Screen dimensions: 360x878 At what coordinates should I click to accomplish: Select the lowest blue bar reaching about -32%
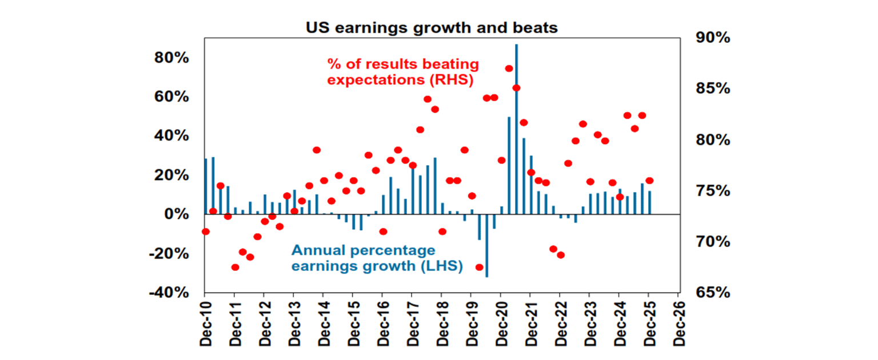[x=486, y=246]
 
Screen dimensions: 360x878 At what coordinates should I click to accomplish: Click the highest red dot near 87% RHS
[x=509, y=69]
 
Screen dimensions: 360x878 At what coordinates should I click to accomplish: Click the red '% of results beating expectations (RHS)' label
[x=402, y=71]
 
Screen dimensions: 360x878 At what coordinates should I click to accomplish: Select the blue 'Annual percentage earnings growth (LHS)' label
[x=377, y=258]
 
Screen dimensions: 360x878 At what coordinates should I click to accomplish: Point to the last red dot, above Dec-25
[x=649, y=181]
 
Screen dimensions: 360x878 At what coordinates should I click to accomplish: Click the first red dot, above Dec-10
[x=206, y=231]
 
